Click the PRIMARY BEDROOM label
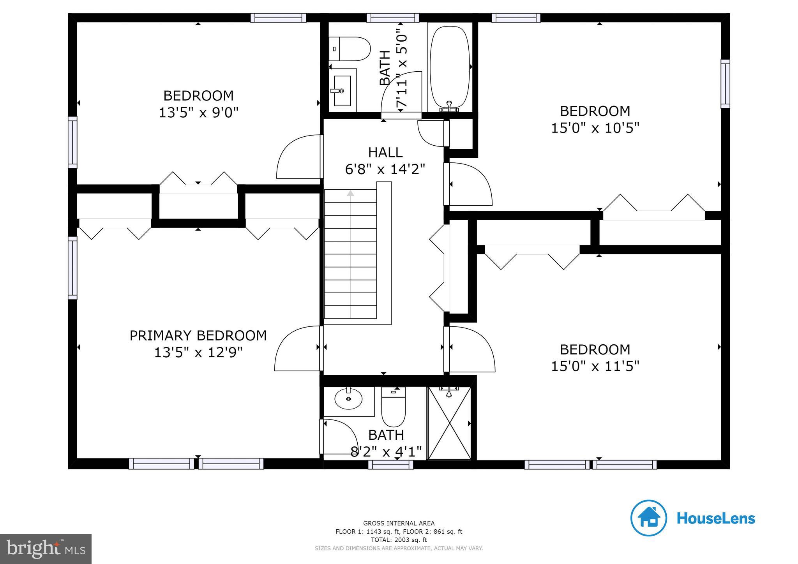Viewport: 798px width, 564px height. coord(198,335)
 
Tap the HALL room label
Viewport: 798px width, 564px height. coord(385,152)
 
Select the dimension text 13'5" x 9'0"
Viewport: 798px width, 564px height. coord(198,113)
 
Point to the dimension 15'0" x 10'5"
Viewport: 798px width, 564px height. coord(595,128)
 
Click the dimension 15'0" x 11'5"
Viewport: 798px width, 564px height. coord(595,366)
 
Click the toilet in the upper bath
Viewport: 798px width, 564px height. coord(350,49)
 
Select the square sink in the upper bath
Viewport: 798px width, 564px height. coord(342,90)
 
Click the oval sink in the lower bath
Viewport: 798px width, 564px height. coord(348,399)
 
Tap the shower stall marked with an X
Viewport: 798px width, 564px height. coord(449,423)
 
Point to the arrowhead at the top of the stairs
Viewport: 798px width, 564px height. coord(351,193)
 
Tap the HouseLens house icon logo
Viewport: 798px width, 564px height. coord(648,518)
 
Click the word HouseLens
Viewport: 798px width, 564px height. coord(716,518)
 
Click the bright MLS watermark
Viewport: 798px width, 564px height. coord(46,549)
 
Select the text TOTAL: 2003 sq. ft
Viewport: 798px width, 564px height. coord(399,540)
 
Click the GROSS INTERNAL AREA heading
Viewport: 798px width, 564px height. coord(399,523)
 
